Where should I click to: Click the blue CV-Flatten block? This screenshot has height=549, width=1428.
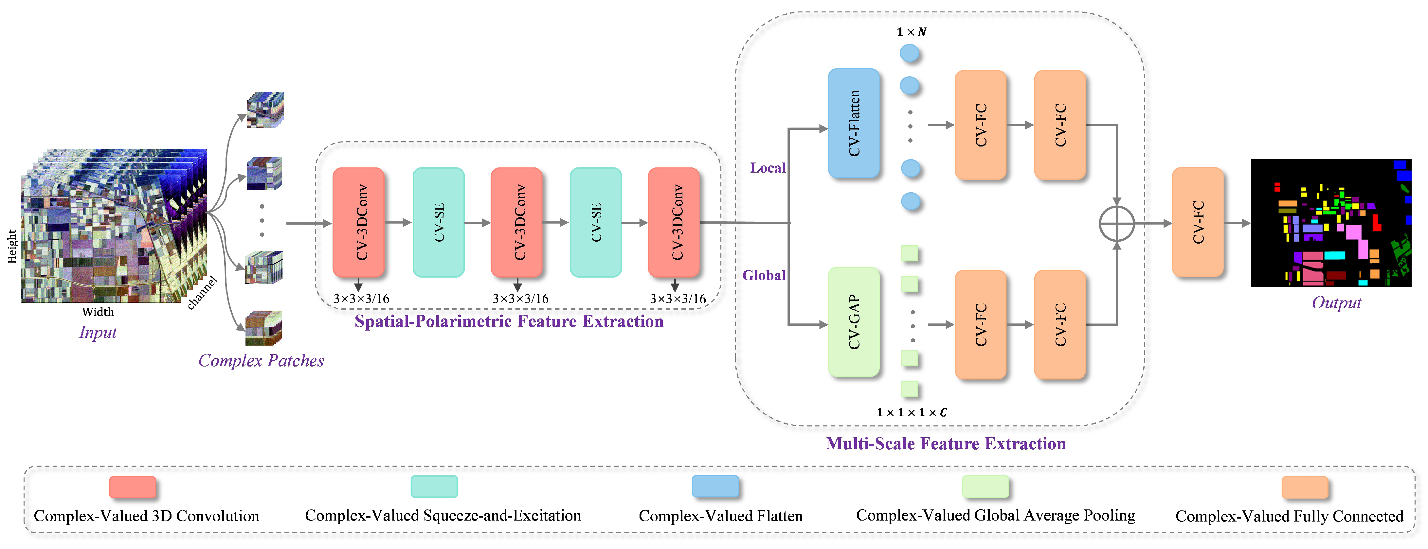[x=853, y=123]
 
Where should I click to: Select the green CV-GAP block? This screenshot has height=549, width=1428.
[x=853, y=322]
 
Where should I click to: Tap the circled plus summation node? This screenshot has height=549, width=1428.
[x=1116, y=224]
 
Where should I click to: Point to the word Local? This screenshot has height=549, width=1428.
[x=768, y=168]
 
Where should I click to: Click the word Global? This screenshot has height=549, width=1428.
[x=764, y=275]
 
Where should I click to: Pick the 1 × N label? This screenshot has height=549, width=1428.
[x=911, y=32]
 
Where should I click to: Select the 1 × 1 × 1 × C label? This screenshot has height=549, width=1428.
[x=911, y=413]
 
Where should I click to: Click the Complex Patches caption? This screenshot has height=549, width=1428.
[x=261, y=361]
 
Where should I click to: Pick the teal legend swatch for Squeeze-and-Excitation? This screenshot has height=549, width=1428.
[x=434, y=487]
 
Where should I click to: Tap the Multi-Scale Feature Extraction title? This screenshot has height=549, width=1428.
[x=946, y=444]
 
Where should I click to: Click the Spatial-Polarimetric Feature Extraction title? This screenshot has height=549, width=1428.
[x=509, y=322]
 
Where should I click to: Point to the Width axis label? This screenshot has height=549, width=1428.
[x=98, y=312]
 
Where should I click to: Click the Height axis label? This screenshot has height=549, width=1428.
[x=12, y=247]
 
